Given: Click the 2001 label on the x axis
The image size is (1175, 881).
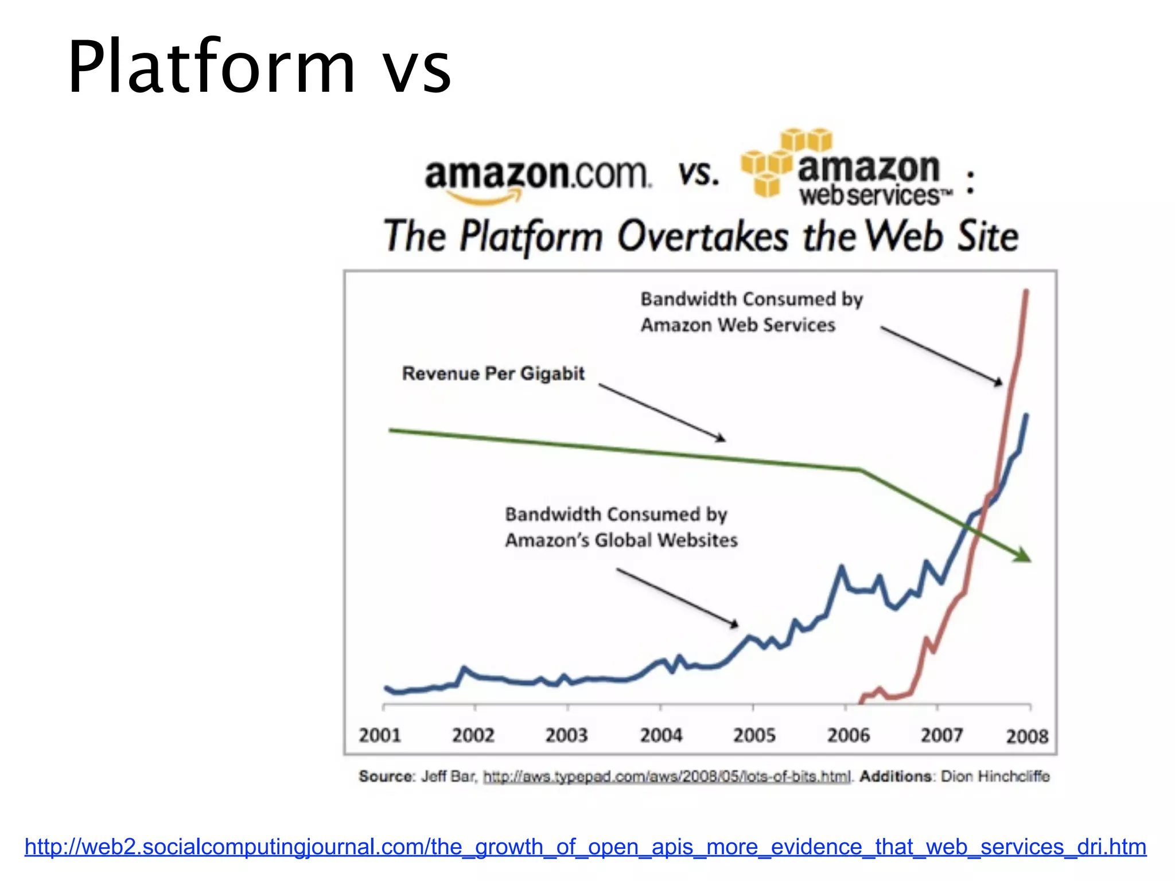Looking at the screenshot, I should (x=380, y=735).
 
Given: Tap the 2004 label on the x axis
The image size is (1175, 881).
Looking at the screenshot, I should (x=661, y=735).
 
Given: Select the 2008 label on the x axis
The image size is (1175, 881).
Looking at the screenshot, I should (x=1027, y=736).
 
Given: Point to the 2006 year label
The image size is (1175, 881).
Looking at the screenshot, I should (x=848, y=735).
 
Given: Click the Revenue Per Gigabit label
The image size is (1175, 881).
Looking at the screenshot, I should (x=493, y=373).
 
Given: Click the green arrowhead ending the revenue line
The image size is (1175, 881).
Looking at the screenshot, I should (x=1023, y=555).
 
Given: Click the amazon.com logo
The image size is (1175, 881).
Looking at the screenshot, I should (x=538, y=178).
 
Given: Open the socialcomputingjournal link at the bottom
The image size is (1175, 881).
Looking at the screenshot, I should (x=585, y=847).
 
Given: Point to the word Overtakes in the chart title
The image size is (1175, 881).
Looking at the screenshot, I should (x=703, y=236).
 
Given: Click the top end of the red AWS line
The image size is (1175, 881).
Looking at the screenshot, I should (x=1026, y=292).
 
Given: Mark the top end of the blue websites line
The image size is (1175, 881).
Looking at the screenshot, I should (x=1026, y=415).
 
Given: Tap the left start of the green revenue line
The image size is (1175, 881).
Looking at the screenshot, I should (x=391, y=430).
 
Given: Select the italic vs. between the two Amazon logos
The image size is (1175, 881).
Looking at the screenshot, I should (x=698, y=173).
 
